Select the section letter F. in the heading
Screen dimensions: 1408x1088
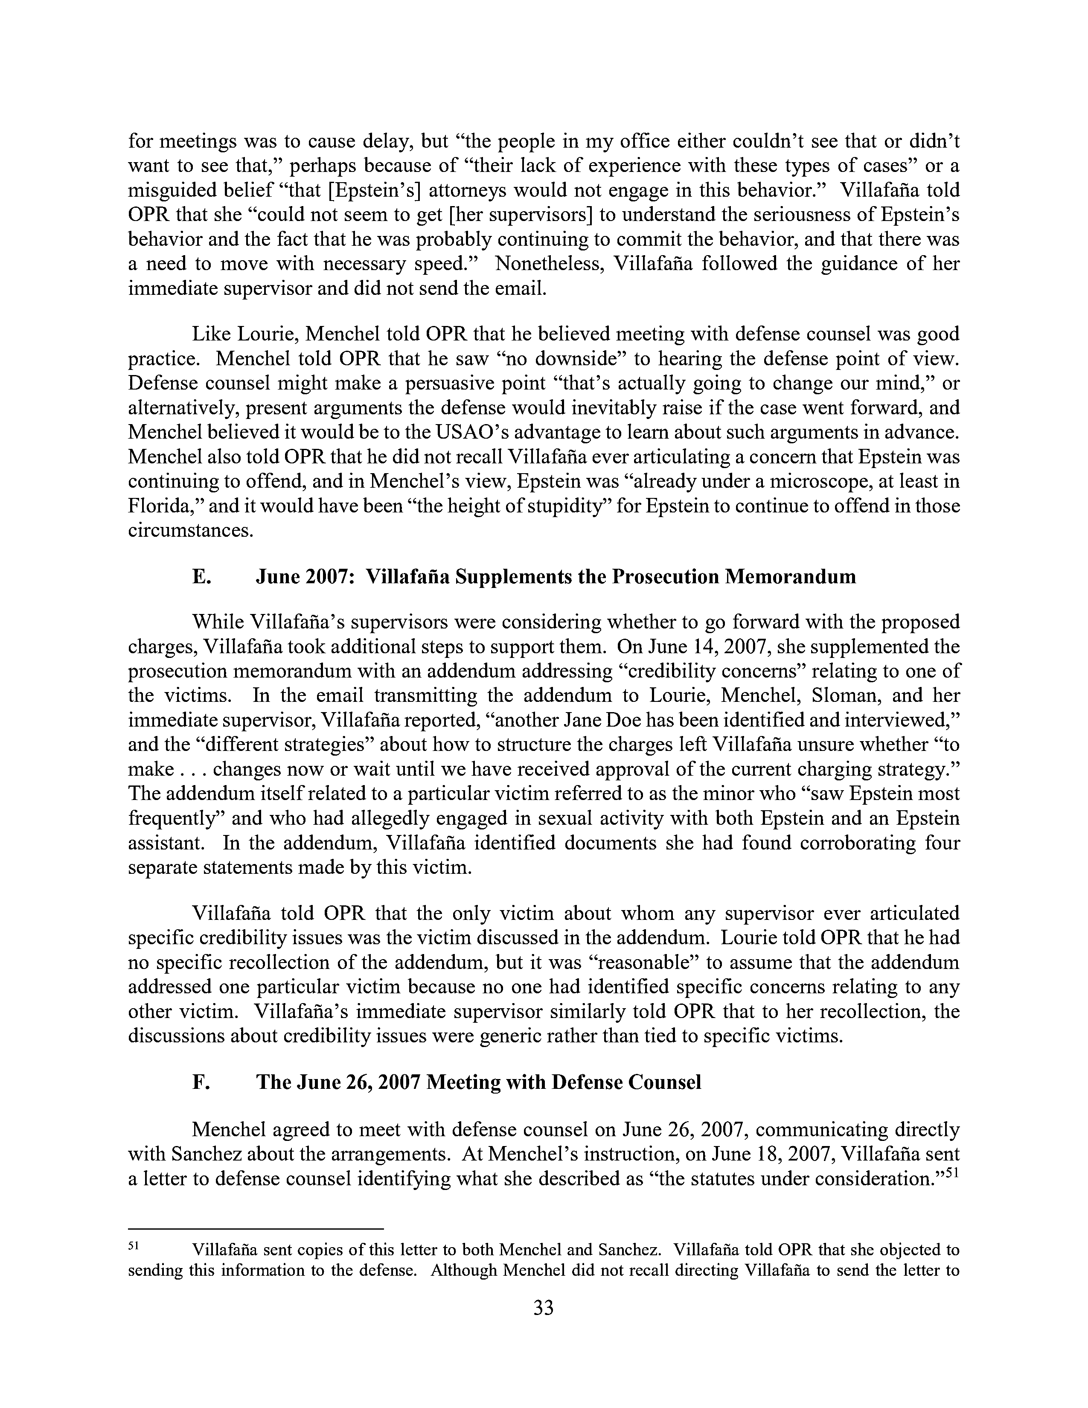[201, 1082]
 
